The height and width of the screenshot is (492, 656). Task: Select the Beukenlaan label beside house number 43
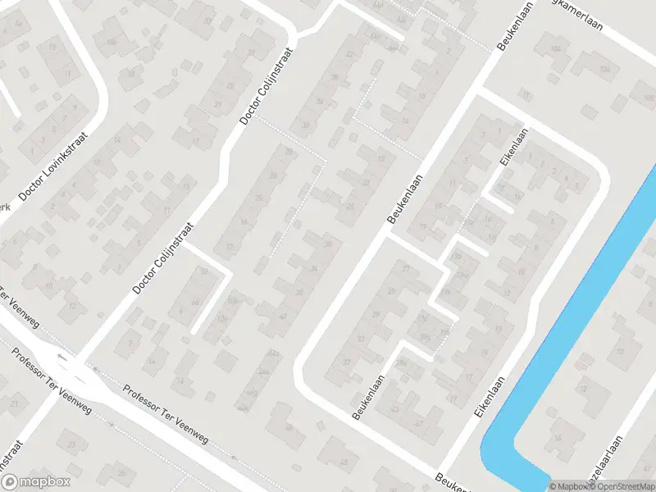[x=369, y=399]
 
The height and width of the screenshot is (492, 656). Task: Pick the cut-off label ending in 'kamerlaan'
[x=574, y=15]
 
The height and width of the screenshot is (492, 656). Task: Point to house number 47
[x=419, y=423]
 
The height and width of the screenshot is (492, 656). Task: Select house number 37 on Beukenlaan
[x=347, y=362]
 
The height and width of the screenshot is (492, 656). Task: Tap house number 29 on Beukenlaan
[x=376, y=315]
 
